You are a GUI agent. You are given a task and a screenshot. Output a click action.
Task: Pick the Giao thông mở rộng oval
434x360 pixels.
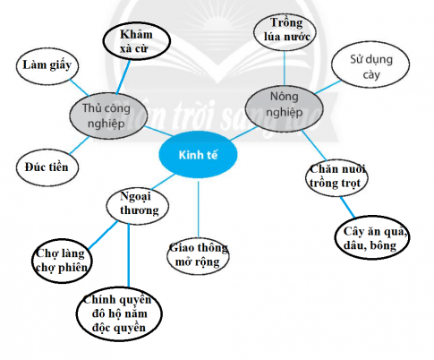click(x=198, y=254)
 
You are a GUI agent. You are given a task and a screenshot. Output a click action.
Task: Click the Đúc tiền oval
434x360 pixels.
click(x=47, y=166)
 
